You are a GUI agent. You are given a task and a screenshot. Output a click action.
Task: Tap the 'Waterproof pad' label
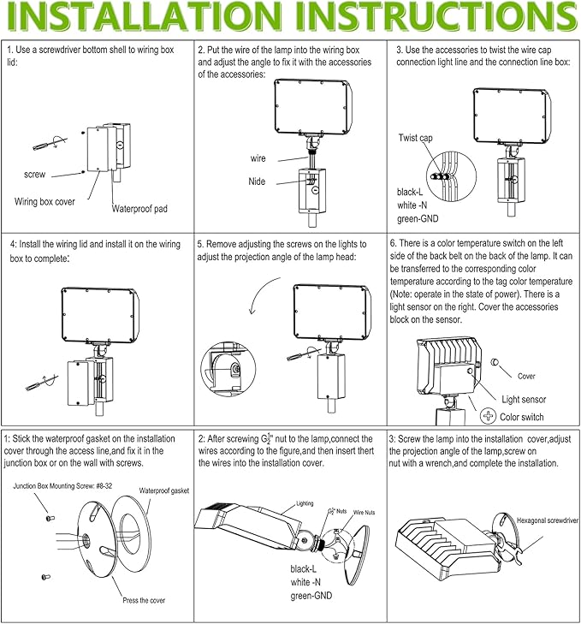click(139, 209)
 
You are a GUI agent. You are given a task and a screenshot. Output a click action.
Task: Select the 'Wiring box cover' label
click(44, 202)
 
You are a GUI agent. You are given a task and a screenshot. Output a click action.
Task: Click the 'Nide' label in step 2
click(257, 181)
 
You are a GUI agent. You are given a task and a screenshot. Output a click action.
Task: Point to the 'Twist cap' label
click(416, 138)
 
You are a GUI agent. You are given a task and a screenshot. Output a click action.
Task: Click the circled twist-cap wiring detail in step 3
click(451, 176)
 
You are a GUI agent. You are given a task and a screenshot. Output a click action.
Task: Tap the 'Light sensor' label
click(524, 399)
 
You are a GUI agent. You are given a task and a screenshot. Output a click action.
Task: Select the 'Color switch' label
click(522, 417)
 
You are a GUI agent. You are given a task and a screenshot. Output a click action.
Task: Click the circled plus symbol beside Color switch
click(488, 416)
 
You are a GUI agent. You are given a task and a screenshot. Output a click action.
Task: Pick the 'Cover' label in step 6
click(526, 376)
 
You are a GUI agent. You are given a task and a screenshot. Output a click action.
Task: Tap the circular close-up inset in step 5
click(228, 369)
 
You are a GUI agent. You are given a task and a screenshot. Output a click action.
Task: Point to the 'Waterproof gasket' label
click(164, 491)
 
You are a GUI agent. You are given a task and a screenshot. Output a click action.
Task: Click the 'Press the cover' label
click(144, 600)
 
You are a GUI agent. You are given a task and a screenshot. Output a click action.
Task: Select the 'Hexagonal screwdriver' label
click(547, 520)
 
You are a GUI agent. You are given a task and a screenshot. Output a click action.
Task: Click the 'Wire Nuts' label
click(364, 512)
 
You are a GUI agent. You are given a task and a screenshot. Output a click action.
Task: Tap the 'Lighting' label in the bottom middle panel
click(305, 503)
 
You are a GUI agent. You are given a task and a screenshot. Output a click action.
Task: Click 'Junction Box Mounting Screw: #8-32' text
click(62, 486)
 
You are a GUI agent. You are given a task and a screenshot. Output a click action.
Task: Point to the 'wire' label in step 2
click(258, 158)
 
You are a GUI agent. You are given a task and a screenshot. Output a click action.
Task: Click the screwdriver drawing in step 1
click(50, 143)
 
